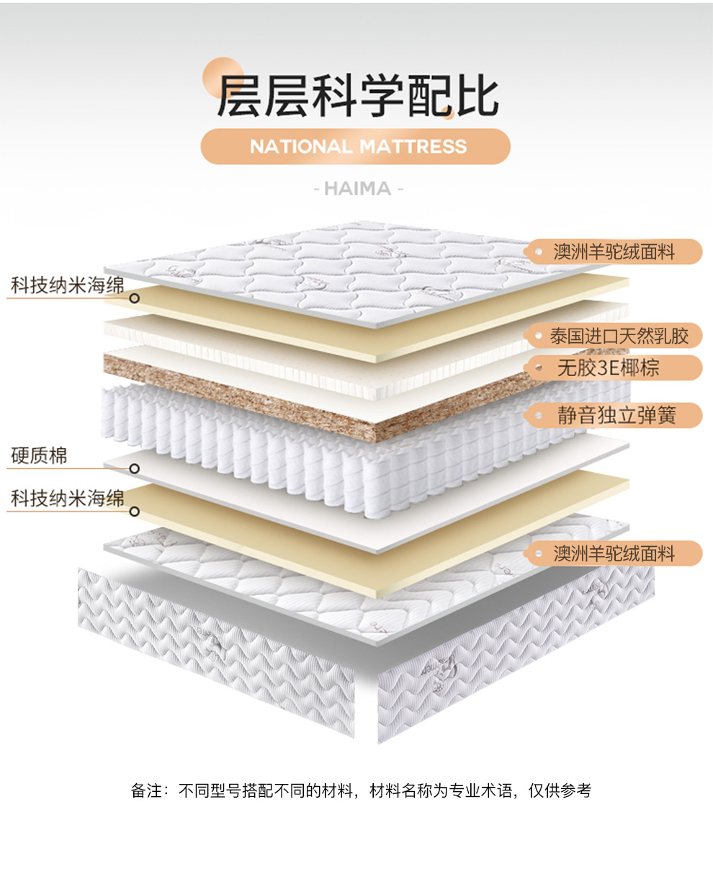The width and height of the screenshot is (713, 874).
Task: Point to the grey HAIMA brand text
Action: pyautogui.click(x=357, y=189)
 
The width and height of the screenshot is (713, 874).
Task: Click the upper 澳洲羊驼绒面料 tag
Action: pyautogui.click(x=614, y=251)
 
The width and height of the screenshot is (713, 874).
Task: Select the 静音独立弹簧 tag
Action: pyautogui.click(x=616, y=415)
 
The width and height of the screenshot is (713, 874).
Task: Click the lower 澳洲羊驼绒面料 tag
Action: pyautogui.click(x=614, y=553)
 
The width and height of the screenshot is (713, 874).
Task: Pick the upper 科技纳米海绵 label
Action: pyautogui.click(x=67, y=286)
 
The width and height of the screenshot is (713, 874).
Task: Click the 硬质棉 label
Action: pyautogui.click(x=40, y=456)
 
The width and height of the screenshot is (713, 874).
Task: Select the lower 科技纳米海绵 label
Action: pyautogui.click(x=67, y=499)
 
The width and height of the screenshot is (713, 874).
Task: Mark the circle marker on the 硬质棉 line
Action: pyautogui.click(x=134, y=468)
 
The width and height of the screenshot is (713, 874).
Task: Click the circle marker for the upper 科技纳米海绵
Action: pyautogui.click(x=134, y=297)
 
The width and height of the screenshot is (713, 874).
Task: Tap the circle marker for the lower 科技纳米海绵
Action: pyautogui.click(x=134, y=512)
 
